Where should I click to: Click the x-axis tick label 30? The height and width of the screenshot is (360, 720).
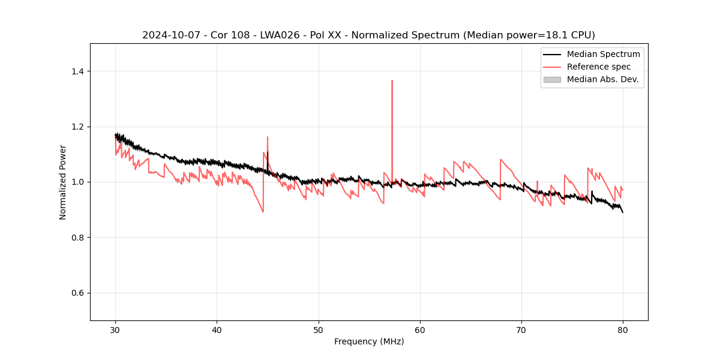tap(116, 330)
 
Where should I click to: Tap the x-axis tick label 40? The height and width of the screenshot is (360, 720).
tap(217, 330)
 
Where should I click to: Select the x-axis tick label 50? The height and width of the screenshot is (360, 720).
tap(319, 330)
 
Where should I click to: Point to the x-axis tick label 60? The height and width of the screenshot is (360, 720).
tap(420, 330)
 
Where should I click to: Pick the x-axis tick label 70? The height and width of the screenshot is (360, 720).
tap(521, 330)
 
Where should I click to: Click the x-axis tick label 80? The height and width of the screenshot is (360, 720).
tap(623, 330)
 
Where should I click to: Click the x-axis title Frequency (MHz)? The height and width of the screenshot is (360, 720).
tap(369, 341)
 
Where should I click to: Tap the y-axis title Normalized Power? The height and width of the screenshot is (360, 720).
tap(63, 182)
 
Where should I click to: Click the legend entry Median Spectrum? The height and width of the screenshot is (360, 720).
tap(603, 54)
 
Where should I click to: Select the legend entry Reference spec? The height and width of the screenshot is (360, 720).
tap(598, 67)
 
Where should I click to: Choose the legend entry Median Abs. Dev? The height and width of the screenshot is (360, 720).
tap(602, 79)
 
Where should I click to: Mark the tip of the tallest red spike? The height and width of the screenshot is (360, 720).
tap(392, 80)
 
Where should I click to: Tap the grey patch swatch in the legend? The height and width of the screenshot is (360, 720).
tap(552, 79)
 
